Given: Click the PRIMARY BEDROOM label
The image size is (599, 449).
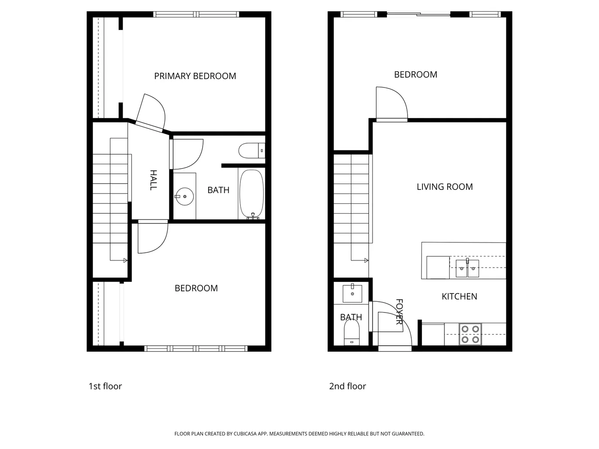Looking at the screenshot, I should click(195, 76).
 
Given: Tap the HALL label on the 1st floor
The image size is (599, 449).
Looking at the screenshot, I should click(153, 180).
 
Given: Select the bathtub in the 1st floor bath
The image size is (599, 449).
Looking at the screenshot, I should click(251, 194).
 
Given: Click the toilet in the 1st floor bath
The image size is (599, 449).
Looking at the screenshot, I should click(251, 150).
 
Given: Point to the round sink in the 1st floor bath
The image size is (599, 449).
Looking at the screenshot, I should click(184, 196).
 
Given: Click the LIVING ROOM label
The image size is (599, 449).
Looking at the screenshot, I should click(444, 187).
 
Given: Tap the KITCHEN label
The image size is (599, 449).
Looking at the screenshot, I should click(459, 296).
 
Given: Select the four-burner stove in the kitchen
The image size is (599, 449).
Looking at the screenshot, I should click(470, 335).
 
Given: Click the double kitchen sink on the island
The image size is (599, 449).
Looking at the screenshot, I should click(467, 269).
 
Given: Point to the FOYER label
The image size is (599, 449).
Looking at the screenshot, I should click(399, 312).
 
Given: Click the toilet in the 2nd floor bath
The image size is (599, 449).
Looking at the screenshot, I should click(352, 335).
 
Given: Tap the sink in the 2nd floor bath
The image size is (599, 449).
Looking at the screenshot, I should click(352, 293).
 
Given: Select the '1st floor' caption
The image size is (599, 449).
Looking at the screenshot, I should click(105, 386).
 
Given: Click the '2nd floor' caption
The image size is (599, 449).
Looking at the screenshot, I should click(347, 386).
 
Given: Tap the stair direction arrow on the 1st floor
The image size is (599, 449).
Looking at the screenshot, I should click(125, 260).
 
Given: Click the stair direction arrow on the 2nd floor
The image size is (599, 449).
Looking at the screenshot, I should click(366, 260).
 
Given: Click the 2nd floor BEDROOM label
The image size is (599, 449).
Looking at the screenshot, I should click(415, 75).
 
